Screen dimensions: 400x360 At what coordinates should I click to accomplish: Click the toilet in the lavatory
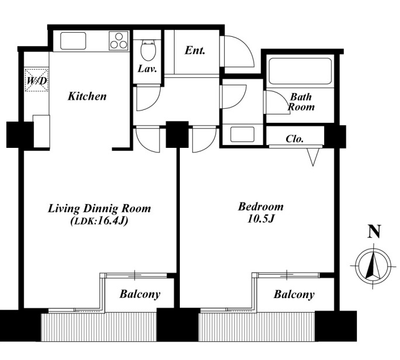[148, 50]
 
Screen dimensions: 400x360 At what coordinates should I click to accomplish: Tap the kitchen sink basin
[73, 40]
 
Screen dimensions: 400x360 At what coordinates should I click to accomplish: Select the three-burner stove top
[119, 40]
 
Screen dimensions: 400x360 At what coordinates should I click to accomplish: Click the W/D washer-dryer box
[37, 79]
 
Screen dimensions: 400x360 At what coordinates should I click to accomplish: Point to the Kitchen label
[87, 96]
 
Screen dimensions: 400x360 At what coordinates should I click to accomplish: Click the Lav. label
[147, 69]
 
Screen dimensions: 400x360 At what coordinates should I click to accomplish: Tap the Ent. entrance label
[195, 50]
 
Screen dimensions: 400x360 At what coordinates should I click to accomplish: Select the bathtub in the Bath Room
[300, 71]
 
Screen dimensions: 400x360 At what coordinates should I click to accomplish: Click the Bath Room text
[301, 102]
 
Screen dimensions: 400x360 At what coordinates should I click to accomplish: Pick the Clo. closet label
[294, 139]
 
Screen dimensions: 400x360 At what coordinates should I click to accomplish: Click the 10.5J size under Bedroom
[260, 219]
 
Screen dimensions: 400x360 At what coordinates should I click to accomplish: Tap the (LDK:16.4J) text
[99, 221]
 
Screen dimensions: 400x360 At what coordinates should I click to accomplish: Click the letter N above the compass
[374, 231]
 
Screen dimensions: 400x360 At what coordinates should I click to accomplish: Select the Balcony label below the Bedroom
[294, 295]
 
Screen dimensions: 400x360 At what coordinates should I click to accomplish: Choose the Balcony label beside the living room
[140, 294]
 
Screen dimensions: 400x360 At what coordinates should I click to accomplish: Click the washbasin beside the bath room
[242, 134]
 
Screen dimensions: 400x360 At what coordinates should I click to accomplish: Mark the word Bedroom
[260, 206]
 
